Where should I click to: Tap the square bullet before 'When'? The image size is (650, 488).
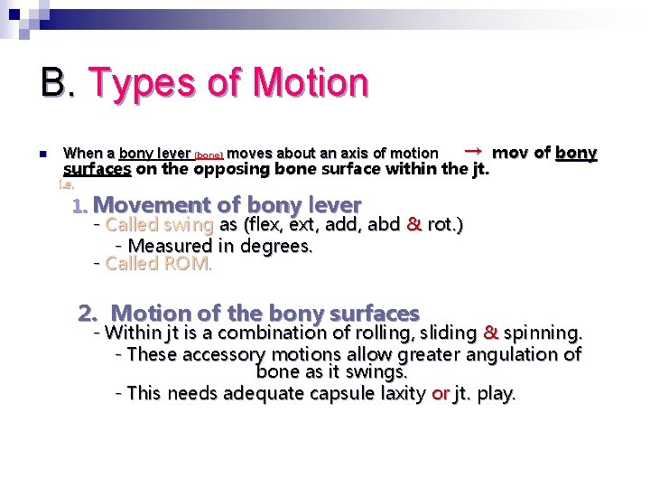[42, 155]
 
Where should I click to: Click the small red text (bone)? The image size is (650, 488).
[209, 155]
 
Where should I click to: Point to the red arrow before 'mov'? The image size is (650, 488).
[471, 150]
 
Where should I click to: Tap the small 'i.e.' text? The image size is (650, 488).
[65, 185]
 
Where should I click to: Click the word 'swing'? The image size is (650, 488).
[189, 225]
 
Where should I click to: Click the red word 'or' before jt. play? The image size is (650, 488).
[441, 394]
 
